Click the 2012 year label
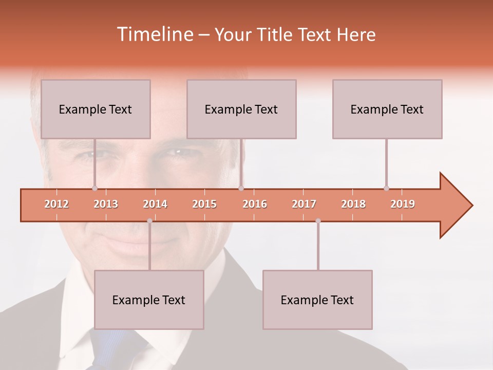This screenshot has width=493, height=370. click(x=56, y=204)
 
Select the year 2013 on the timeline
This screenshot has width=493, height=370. click(x=106, y=204)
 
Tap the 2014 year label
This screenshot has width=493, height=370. click(x=155, y=204)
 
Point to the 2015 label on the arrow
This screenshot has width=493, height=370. click(x=204, y=204)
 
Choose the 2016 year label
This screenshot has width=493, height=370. click(x=255, y=204)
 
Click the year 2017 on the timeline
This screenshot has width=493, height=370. click(x=304, y=204)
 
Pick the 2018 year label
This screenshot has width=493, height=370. click(x=353, y=204)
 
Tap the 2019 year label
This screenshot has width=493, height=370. click(x=403, y=204)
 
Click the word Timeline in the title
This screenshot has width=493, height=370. click(x=154, y=34)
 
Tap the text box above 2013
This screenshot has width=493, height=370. click(x=96, y=109)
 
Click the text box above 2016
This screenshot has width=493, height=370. click(x=241, y=109)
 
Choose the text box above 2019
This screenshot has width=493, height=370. click(x=387, y=109)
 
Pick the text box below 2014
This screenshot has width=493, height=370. click(x=149, y=300)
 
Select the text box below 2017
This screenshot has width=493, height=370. click(x=317, y=300)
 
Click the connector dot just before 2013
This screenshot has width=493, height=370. click(x=94, y=189)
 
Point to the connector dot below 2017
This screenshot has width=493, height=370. click(x=318, y=221)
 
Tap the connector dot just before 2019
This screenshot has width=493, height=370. click(x=386, y=189)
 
